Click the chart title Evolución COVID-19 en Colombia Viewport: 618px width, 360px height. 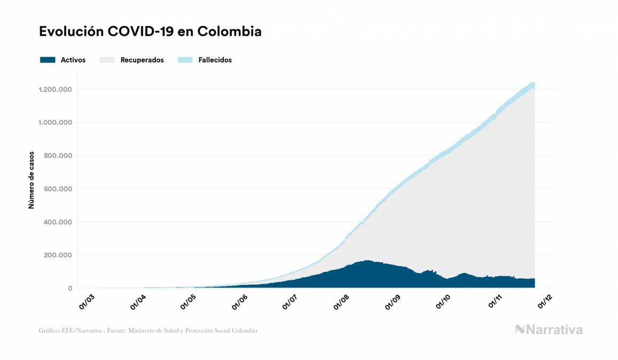click(150, 32)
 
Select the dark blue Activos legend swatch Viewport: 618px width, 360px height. click(48, 60)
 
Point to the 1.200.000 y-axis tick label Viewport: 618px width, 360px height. click(55, 89)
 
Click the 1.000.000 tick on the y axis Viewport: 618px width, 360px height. click(55, 122)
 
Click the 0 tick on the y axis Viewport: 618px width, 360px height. click(69, 288)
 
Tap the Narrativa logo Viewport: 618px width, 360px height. click(549, 330)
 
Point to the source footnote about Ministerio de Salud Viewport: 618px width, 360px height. click(148, 331)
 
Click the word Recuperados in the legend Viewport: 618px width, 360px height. click(142, 60)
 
